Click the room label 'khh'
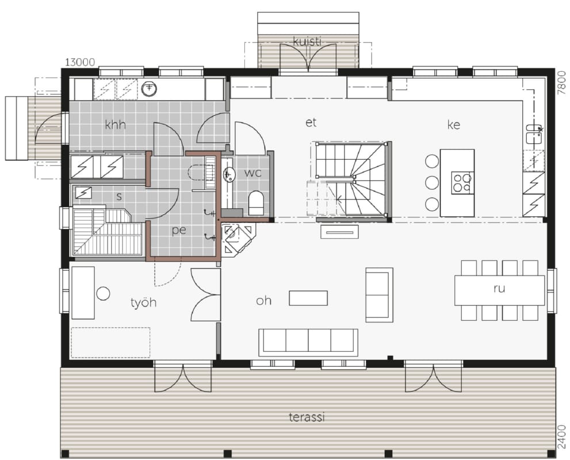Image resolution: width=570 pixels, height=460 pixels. click(115, 125)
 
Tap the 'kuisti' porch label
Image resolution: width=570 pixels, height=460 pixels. click(307, 41)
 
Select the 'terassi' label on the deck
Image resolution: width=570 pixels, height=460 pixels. click(307, 417)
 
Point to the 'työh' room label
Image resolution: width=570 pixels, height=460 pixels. click(144, 302)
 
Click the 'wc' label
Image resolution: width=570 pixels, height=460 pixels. click(253, 172)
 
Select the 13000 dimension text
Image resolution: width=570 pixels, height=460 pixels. click(80, 63)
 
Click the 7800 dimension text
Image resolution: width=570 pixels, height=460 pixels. click(561, 83)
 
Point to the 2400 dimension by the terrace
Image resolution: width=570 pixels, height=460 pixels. click(561, 437)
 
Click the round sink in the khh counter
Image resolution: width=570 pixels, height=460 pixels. click(148, 88)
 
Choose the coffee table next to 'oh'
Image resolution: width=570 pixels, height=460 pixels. click(308, 298)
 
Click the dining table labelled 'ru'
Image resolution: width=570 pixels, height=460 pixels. click(499, 290)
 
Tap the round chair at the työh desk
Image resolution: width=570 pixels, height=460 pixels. click(103, 294)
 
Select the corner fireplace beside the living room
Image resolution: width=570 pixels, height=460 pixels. click(238, 239)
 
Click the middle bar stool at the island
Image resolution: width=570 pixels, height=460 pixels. click(432, 182)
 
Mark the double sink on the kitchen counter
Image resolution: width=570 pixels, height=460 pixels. click(534, 134)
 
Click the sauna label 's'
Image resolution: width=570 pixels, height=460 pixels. click(119, 197)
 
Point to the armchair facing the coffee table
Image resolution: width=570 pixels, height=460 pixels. click(379, 295)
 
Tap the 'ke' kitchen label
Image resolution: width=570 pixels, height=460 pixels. click(454, 125)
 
